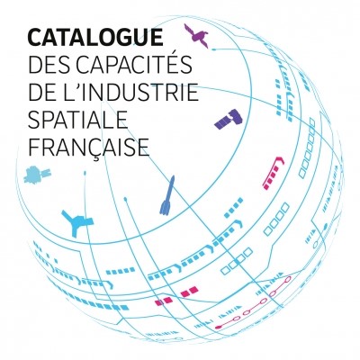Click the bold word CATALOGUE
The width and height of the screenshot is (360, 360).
[x=95, y=38]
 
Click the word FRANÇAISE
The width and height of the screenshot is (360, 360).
[x=89, y=147]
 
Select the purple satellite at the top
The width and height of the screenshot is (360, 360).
[x=196, y=35]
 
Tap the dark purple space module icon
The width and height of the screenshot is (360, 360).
[x=229, y=119]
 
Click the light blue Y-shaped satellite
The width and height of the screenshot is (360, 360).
[x=76, y=222]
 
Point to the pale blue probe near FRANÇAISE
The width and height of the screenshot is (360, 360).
[x=37, y=174]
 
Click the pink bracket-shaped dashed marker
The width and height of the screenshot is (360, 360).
[x=273, y=172]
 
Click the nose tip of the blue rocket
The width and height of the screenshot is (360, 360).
[x=173, y=176]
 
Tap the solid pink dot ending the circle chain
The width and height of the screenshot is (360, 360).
[x=218, y=327]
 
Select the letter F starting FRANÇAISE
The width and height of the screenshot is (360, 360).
[x=33, y=147]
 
